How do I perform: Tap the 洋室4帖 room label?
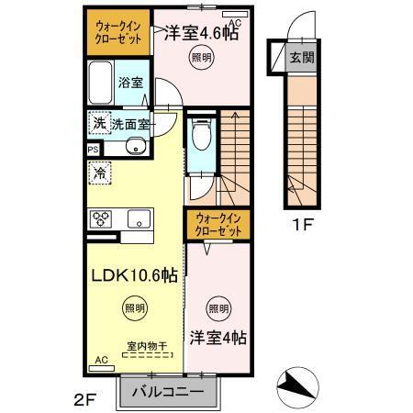coord(218,336)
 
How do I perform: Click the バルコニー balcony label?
coord(168,392)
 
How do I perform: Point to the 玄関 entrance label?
coord(302,57)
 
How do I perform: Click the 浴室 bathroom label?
coord(128,83)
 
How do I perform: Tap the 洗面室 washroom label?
coord(131,123)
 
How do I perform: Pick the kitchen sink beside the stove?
coord(139,218)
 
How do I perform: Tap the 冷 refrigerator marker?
coord(97,172)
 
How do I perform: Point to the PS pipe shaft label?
coord(93,148)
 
